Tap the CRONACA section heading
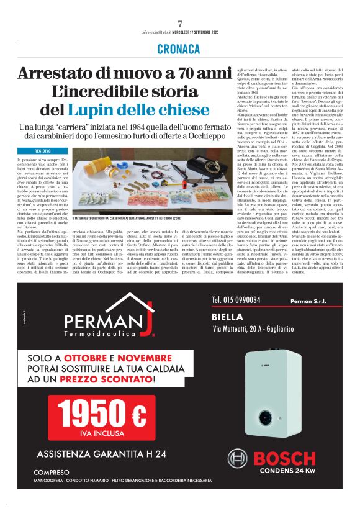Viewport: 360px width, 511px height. point(179,49)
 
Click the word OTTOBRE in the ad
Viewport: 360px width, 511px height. point(104,358)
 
